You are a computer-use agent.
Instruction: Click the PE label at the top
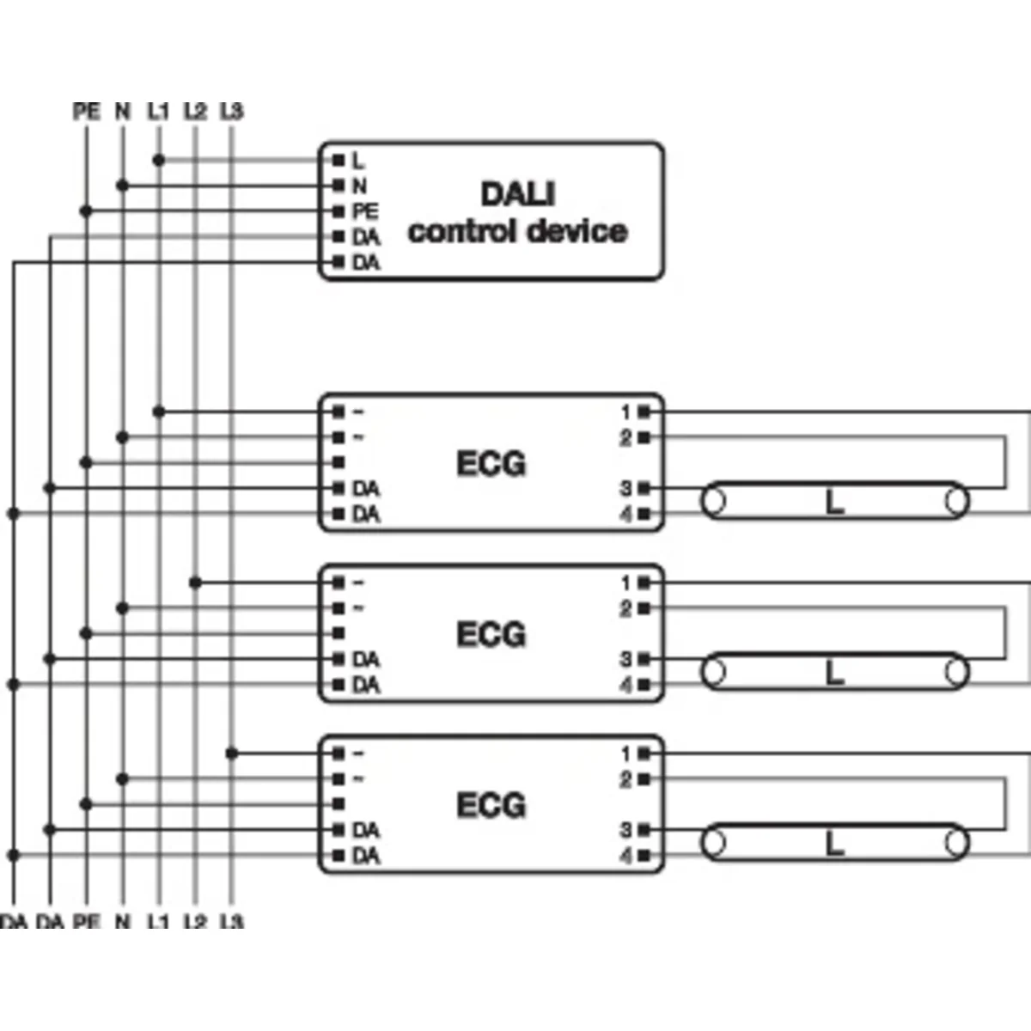coord(86,112)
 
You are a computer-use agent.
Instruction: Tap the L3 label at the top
coord(232,112)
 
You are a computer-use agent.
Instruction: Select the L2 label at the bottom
coord(195,922)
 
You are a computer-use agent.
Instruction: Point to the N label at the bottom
coord(122,922)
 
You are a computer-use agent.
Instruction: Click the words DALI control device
coord(517,212)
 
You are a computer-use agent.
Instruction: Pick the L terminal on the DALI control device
coord(339,161)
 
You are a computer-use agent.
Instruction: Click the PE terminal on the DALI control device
coord(339,211)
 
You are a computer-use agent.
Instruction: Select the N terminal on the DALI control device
coord(339,186)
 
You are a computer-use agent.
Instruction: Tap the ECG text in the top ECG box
coord(491,464)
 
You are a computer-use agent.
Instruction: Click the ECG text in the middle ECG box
coord(491,635)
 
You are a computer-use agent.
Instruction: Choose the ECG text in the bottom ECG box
coord(491,806)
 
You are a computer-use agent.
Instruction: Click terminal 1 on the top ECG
coord(644,412)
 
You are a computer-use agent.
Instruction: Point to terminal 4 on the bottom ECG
coord(644,857)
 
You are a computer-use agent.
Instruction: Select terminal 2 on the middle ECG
coord(644,608)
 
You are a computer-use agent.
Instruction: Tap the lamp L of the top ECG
coord(834,502)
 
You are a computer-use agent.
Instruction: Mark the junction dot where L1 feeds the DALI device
coord(159,161)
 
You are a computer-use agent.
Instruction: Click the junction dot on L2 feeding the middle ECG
coord(195,583)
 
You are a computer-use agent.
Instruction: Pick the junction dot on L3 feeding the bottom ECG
coord(232,753)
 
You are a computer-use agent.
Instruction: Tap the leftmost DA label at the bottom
coord(14,922)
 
